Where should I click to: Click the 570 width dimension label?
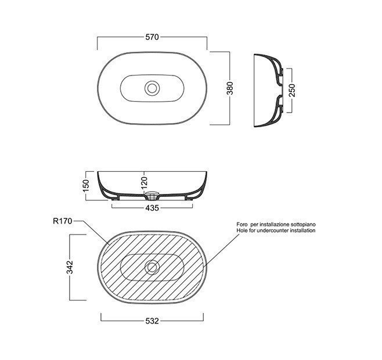pos(152,37)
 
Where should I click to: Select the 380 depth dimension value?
pos(230,88)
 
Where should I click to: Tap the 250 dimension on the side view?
pos(292,90)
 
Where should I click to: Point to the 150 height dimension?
pos(86,186)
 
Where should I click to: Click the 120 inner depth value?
pos(144,182)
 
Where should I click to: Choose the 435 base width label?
pos(152,208)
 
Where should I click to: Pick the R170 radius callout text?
pos(63,221)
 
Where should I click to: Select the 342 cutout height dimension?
pos(70,267)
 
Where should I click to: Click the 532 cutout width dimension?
pos(152,321)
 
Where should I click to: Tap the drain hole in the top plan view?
pos(152,88)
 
